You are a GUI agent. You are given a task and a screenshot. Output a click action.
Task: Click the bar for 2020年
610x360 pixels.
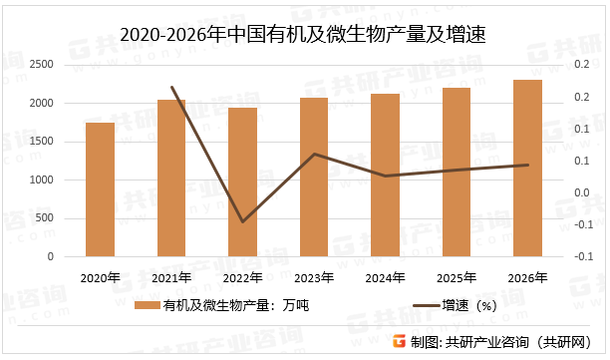[x=100, y=189]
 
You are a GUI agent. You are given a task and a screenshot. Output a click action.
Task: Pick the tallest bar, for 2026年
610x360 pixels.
[x=527, y=169]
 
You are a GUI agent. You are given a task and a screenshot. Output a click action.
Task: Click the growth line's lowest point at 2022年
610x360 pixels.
[x=242, y=221]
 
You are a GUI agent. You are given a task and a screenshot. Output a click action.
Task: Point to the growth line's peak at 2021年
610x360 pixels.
[x=171, y=87]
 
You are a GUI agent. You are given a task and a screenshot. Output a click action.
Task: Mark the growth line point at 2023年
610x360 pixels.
[x=314, y=154]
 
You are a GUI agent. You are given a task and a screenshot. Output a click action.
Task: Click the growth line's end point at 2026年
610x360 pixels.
[x=527, y=165]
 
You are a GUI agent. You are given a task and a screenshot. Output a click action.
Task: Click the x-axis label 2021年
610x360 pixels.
[x=171, y=277]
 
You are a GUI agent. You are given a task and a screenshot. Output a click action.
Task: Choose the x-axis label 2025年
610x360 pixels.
[x=457, y=277]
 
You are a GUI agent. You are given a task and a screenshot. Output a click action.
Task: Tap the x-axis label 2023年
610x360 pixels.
[x=314, y=277]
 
